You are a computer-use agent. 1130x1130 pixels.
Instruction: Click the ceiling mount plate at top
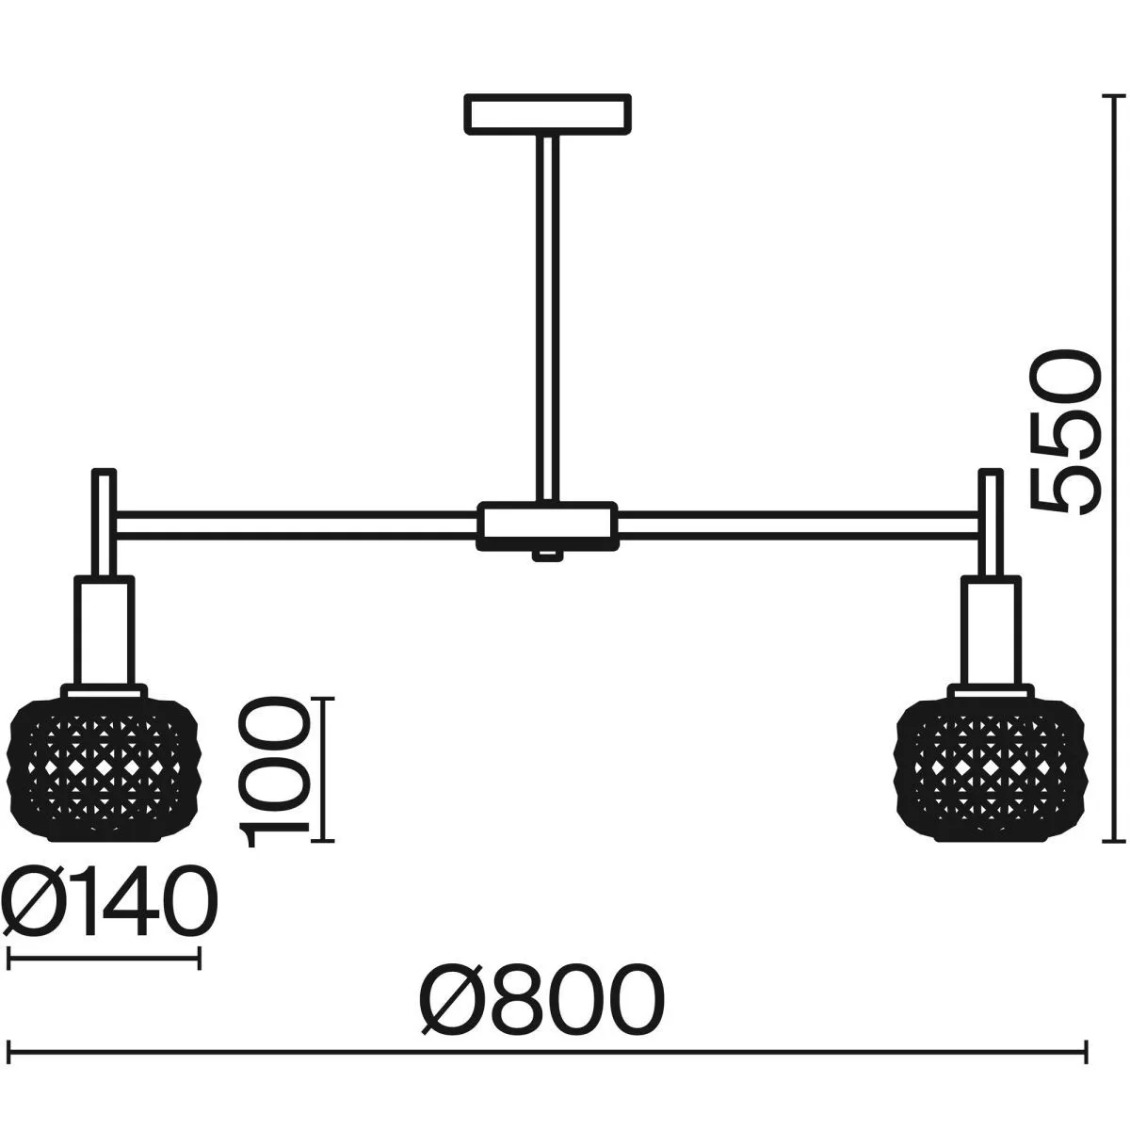548,114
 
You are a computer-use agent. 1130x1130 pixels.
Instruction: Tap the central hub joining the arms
548,526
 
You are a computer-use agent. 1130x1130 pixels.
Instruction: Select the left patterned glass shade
104,770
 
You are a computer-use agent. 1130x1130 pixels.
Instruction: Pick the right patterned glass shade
991,770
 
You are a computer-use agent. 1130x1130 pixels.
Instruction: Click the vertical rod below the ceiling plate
547,318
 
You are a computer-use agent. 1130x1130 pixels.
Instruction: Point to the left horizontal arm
297,525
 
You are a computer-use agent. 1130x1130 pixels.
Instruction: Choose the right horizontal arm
799,525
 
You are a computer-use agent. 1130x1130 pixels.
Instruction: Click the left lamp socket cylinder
105,630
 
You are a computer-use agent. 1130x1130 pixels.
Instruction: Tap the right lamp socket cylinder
991,630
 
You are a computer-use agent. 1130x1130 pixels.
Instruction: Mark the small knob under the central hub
547,556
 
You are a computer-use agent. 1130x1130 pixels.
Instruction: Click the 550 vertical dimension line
1108,469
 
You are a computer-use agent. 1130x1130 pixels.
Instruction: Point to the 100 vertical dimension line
324,770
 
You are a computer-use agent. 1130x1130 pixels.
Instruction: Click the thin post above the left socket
105,524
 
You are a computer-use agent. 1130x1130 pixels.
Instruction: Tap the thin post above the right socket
991,524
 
